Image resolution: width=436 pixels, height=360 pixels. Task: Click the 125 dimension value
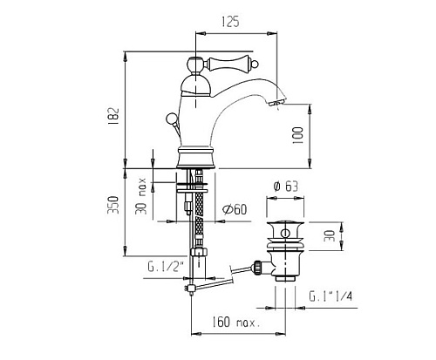(x=230, y=22)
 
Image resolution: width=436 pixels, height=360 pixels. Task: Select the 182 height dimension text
(x=113, y=116)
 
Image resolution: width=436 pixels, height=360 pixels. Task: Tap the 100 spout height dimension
(x=297, y=135)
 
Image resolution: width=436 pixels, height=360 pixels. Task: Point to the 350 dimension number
(x=113, y=205)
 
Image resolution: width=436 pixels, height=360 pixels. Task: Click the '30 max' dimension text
(x=141, y=196)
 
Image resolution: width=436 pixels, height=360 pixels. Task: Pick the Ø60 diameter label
(x=235, y=209)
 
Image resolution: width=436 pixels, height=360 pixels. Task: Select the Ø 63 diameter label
(x=286, y=187)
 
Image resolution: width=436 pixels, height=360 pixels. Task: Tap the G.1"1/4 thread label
(x=330, y=296)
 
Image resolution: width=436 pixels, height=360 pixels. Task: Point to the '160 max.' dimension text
(x=235, y=322)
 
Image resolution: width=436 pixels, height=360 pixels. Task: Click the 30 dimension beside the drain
(x=330, y=235)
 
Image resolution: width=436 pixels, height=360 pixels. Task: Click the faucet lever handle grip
(x=230, y=65)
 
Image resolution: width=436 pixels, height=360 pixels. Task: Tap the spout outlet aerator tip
(x=276, y=102)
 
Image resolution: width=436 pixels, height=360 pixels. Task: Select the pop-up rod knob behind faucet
(x=170, y=119)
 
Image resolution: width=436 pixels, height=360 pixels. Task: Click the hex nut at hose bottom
(x=199, y=252)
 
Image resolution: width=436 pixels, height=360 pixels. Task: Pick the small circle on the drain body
(x=286, y=234)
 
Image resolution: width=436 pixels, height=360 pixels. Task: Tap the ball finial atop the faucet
(x=195, y=64)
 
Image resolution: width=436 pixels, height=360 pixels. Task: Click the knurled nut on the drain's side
(x=257, y=267)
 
